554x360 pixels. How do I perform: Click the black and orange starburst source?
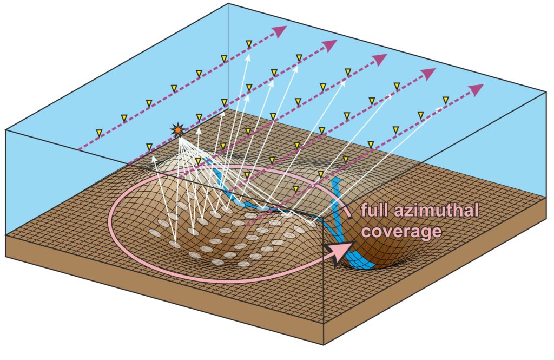(x=177, y=129)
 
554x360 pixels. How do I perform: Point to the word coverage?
(x=400, y=231)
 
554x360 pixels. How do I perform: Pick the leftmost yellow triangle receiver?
(x=99, y=133)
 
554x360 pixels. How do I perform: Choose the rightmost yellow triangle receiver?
(x=446, y=100)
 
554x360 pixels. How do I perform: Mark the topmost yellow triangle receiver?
(x=249, y=43)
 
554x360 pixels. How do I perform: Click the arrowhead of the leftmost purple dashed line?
(x=279, y=31)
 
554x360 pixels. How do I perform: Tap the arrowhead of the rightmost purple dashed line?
(x=476, y=89)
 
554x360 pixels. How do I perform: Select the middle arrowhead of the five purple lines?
(x=381, y=59)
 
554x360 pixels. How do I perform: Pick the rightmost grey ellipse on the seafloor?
(x=310, y=222)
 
